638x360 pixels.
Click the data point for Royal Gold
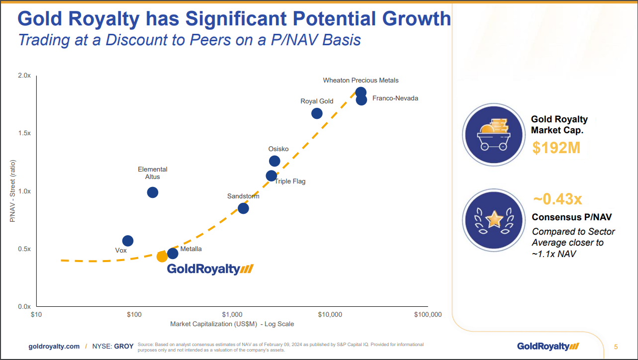(317, 113)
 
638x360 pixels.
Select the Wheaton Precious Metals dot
(361, 92)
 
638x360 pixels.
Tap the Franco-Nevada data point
(362, 99)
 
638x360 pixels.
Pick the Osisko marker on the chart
(274, 161)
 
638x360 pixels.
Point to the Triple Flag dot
(272, 176)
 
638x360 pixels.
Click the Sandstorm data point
(243, 208)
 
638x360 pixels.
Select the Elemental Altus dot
(153, 192)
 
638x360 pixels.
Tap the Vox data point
(128, 241)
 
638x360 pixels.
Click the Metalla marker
(173, 254)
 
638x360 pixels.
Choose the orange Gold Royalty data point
(162, 257)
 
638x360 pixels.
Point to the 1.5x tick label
(24, 134)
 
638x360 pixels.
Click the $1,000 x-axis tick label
(232, 315)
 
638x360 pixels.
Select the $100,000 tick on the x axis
(428, 315)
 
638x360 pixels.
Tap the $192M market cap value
(556, 148)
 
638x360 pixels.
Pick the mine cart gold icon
(494, 134)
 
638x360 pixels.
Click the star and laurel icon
(494, 219)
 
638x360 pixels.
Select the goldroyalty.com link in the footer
(54, 347)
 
